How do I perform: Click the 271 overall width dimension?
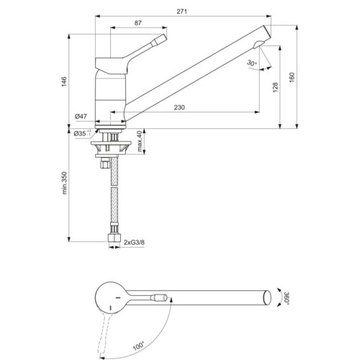(x=181, y=12)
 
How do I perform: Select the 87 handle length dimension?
(x=138, y=23)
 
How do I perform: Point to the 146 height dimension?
(x=64, y=82)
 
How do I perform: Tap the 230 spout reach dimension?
(x=179, y=107)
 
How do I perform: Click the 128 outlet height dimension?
(x=275, y=87)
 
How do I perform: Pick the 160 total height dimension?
(x=292, y=77)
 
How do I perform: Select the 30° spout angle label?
(x=252, y=63)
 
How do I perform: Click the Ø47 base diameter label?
(x=81, y=117)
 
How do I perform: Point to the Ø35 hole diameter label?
(x=82, y=133)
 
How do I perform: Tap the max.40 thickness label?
(x=140, y=141)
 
